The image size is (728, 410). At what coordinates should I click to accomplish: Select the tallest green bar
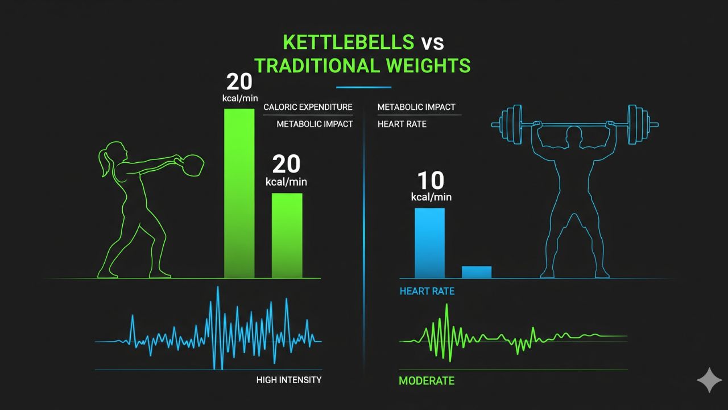(x=239, y=194)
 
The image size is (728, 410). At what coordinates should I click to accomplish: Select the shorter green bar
(x=287, y=236)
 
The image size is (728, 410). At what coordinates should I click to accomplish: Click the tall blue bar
(x=429, y=243)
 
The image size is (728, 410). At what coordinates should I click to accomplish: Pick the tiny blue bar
(x=477, y=272)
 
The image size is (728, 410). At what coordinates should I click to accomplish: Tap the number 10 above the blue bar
(x=431, y=181)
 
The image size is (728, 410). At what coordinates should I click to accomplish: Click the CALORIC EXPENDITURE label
(x=308, y=107)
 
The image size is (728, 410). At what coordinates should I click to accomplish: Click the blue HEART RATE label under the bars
(x=427, y=292)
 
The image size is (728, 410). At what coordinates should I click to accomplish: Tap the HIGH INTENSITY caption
(x=289, y=380)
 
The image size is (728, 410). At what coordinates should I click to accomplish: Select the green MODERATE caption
(x=427, y=380)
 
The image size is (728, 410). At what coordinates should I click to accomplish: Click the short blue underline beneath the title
(x=364, y=88)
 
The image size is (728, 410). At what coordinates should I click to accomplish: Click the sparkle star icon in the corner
(x=709, y=380)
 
